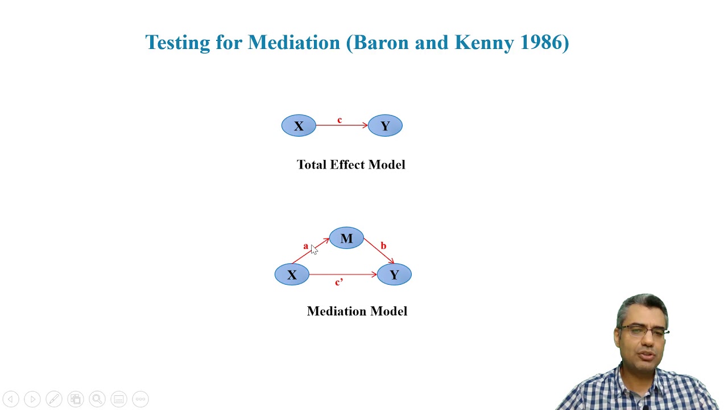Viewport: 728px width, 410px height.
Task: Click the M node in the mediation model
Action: [x=346, y=239]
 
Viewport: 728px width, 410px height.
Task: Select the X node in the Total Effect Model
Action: [x=299, y=126]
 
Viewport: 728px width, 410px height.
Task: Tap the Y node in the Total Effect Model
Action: [x=385, y=126]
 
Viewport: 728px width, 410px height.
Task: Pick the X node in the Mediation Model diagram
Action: [x=292, y=275]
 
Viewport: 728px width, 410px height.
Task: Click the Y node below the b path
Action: [x=394, y=275]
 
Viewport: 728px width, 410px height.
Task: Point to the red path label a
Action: [x=305, y=246]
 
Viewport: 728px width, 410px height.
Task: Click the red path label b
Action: [x=383, y=246]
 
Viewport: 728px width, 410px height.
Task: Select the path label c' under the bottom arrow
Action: [x=339, y=282]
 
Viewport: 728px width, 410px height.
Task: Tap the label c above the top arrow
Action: [x=340, y=120]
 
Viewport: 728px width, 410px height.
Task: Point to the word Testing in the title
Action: [x=177, y=43]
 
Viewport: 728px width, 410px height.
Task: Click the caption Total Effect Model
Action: [x=351, y=165]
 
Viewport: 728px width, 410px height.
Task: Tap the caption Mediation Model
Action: [x=357, y=311]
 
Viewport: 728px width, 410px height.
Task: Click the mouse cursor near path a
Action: [x=314, y=249]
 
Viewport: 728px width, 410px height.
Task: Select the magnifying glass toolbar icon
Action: [x=97, y=399]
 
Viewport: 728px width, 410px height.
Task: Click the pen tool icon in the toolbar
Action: [x=54, y=399]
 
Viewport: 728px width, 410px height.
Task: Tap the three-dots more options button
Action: [x=140, y=399]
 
